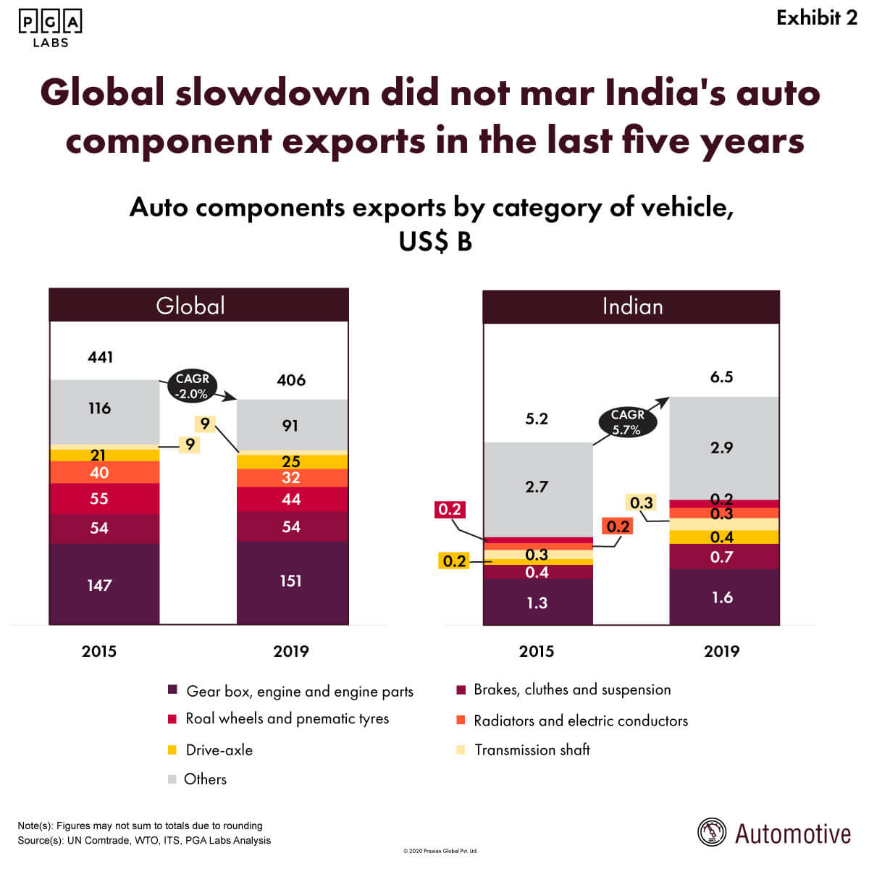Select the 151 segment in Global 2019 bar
pyautogui.click(x=292, y=582)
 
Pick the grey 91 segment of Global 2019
pyautogui.click(x=292, y=425)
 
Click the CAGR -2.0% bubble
pyautogui.click(x=193, y=386)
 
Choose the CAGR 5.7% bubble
pyautogui.click(x=627, y=421)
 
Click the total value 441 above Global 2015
pyautogui.click(x=101, y=357)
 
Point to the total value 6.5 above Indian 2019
pyautogui.click(x=722, y=377)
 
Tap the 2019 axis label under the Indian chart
pyautogui.click(x=722, y=651)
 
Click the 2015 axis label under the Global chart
pyautogui.click(x=99, y=651)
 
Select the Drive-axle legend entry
pyautogui.click(x=219, y=750)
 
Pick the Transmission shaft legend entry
pyautogui.click(x=532, y=750)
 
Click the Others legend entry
pyautogui.click(x=205, y=779)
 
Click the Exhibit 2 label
pyautogui.click(x=817, y=18)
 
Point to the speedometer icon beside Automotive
pyautogui.click(x=712, y=833)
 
